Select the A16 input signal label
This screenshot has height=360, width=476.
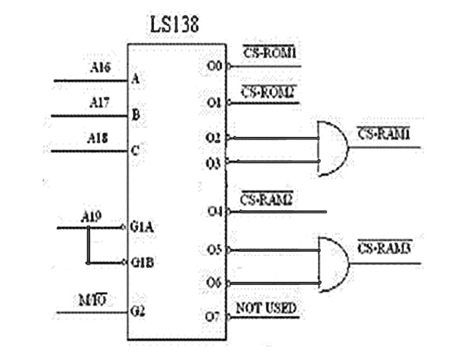100,68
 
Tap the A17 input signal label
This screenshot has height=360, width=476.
100,103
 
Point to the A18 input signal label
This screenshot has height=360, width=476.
98,138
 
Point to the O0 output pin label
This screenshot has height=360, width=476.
214,67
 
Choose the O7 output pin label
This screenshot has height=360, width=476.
214,316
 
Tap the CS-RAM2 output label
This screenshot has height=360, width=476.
266,199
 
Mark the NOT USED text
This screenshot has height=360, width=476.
266,308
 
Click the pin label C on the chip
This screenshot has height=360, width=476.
136,151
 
